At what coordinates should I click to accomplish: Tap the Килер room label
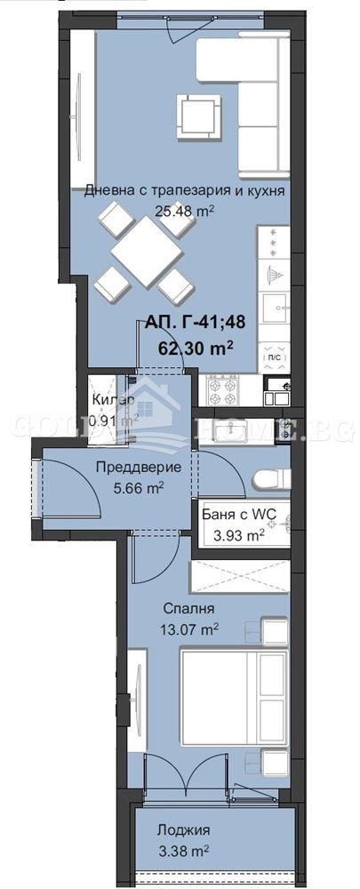pos(113,401)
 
